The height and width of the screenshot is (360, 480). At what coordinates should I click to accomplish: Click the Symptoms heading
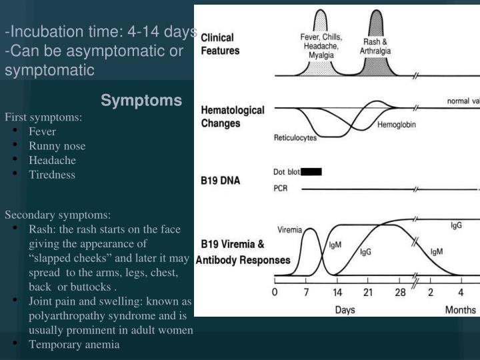(x=141, y=101)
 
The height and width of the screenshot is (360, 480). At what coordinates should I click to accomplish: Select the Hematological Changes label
(x=233, y=117)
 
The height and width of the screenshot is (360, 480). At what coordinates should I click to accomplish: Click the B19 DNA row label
(x=221, y=180)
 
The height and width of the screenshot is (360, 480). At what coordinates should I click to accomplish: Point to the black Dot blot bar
(x=311, y=172)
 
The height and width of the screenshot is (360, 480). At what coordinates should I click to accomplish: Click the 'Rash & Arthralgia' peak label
(x=376, y=46)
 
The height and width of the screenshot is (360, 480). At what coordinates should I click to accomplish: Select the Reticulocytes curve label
(x=295, y=139)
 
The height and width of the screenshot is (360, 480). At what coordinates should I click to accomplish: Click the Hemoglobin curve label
(x=397, y=126)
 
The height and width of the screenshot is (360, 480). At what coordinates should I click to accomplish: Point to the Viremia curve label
(x=290, y=229)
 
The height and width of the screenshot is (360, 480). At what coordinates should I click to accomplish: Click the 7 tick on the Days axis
(x=307, y=292)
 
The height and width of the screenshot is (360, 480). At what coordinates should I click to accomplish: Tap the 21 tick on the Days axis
(x=368, y=292)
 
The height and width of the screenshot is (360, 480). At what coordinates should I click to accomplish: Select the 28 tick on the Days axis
(x=399, y=292)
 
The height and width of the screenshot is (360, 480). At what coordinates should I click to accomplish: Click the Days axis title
(x=345, y=309)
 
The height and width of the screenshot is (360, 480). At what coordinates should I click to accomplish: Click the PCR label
(x=281, y=189)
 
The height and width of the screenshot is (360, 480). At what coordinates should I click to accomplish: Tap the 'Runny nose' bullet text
(x=57, y=146)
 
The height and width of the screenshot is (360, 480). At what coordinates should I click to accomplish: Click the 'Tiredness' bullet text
(x=52, y=175)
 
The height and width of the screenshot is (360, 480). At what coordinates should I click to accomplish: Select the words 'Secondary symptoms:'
(x=58, y=215)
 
